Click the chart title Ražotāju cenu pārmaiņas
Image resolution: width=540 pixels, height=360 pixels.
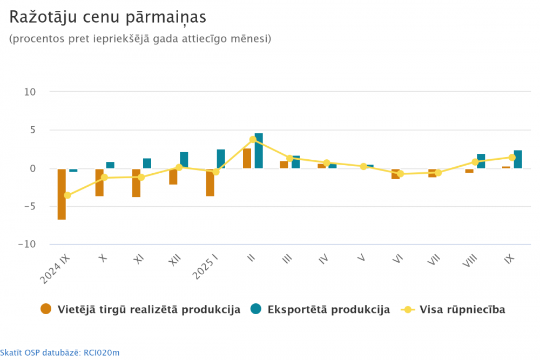[107, 17]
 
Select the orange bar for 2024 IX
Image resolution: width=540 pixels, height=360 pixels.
[62, 194]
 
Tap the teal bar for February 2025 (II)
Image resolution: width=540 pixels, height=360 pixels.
[259, 151]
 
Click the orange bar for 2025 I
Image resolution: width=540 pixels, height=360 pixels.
[210, 182]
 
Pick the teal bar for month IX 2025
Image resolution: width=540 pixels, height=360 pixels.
[517, 159]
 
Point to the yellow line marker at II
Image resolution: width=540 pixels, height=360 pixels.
[253, 139]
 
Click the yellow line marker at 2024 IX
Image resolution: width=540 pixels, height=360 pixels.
[67, 195]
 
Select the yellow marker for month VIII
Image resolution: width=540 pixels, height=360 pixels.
[475, 162]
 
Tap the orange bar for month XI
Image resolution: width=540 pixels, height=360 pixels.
[136, 183]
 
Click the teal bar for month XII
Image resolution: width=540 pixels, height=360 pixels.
[184, 160]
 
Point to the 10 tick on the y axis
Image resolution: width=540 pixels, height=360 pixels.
[30, 92]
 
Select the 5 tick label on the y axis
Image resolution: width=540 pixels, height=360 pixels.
[32, 130]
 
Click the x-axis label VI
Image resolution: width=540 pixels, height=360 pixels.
[398, 260]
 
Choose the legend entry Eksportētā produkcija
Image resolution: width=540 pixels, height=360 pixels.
[328, 310]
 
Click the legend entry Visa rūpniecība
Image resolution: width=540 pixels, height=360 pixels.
[462, 310]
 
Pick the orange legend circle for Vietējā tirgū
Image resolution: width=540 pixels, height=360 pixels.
[46, 309]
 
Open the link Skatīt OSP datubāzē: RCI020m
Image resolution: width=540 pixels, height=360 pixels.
[59, 353]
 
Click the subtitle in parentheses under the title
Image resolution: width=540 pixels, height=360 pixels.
[140, 39]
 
